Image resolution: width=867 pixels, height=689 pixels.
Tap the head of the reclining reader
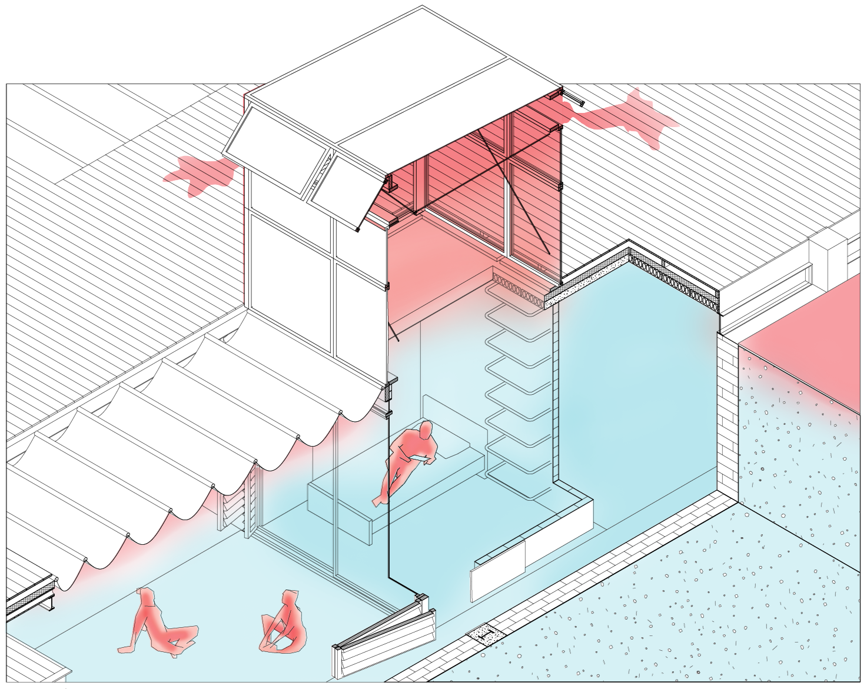click(425, 430)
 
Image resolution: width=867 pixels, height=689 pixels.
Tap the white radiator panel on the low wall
click(497, 568)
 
